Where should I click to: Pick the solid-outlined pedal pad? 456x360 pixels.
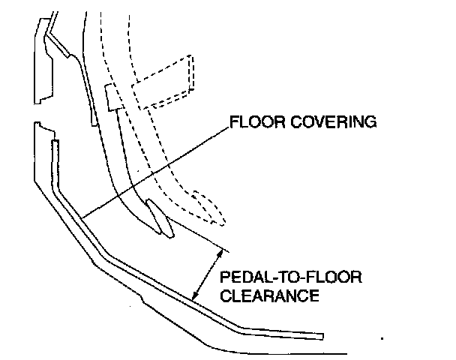[x=160, y=220]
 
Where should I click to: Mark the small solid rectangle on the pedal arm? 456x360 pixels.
[x=113, y=97]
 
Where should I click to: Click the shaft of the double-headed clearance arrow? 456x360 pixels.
[x=209, y=276]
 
